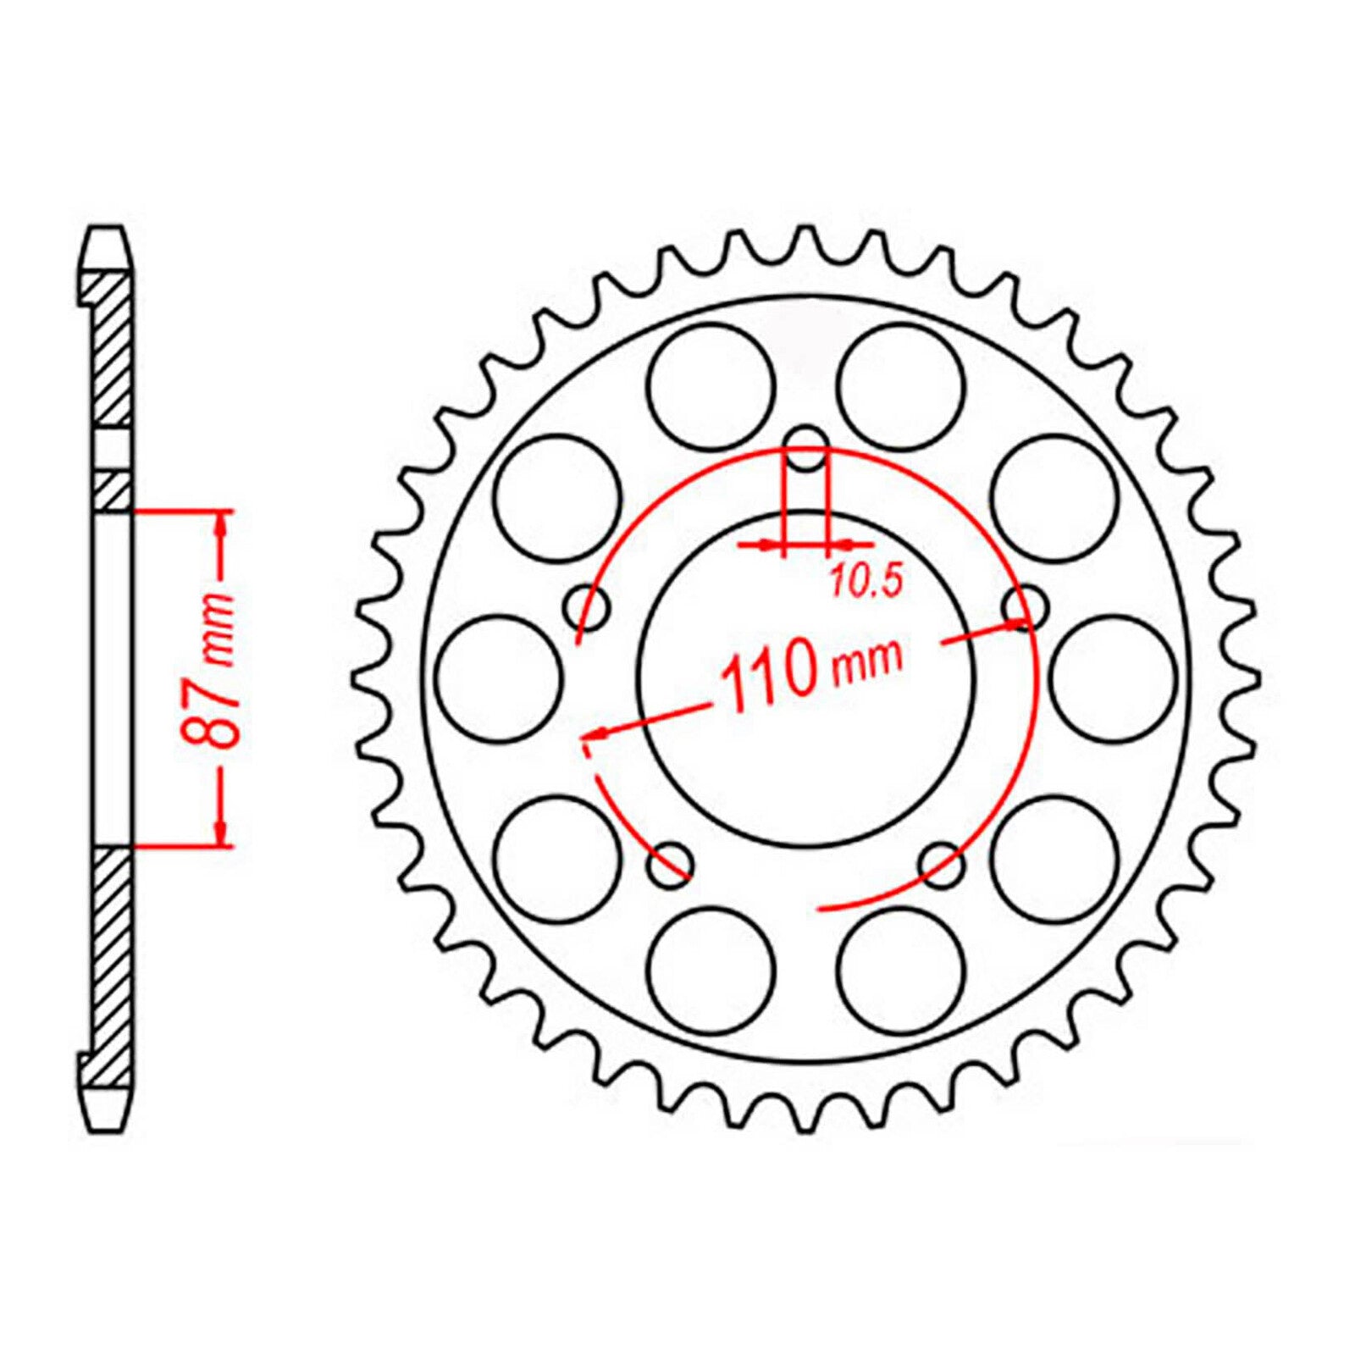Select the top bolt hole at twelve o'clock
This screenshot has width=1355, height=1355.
click(x=805, y=454)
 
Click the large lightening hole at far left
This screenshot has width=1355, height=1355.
click(x=502, y=677)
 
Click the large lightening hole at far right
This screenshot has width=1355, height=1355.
click(x=1116, y=677)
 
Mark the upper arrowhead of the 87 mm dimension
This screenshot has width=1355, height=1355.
click(x=223, y=526)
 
